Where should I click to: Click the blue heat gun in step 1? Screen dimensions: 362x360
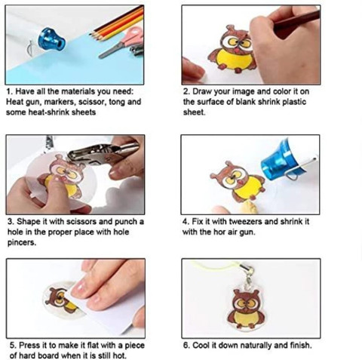point(51,40)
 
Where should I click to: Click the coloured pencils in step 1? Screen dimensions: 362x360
point(118,24)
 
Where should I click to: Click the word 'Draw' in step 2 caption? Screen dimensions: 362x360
point(202,91)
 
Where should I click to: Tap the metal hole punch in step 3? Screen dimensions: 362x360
point(103,152)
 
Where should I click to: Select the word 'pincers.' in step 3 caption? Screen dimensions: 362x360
point(22,243)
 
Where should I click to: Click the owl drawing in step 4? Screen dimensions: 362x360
point(238,179)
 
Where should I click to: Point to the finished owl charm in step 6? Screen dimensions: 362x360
point(244,309)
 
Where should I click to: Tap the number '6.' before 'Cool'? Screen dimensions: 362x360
point(186,346)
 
